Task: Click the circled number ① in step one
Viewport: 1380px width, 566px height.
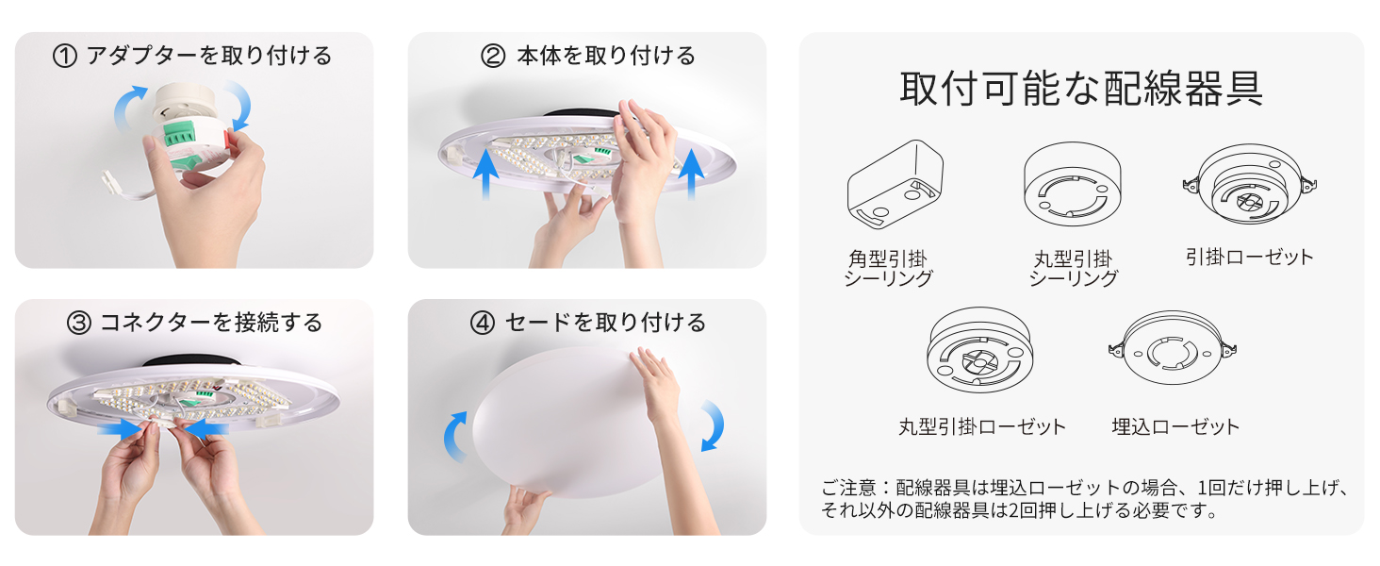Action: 65,56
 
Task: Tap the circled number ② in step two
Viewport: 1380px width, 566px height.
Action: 493,56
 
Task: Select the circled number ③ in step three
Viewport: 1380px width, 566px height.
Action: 79,323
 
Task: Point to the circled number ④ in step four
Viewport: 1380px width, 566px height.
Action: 483,323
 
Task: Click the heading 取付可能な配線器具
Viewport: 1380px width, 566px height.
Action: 1082,89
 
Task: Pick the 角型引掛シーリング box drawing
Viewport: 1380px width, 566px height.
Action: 895,184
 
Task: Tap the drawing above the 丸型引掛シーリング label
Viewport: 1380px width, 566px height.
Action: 1073,184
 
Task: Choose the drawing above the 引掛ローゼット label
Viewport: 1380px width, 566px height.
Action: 1249,184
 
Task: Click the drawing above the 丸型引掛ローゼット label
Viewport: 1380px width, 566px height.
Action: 980,350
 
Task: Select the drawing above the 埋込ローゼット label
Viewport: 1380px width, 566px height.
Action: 1173,348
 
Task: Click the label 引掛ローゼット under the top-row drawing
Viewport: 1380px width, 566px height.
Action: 1249,257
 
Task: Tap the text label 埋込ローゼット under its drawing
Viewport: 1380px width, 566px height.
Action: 1175,426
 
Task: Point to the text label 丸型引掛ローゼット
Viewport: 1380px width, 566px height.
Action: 982,426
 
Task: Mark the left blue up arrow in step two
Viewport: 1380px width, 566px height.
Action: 486,174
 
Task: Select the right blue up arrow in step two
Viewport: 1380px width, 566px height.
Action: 691,174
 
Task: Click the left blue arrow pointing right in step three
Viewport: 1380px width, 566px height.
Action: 122,428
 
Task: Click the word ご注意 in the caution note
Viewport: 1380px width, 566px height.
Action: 849,489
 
